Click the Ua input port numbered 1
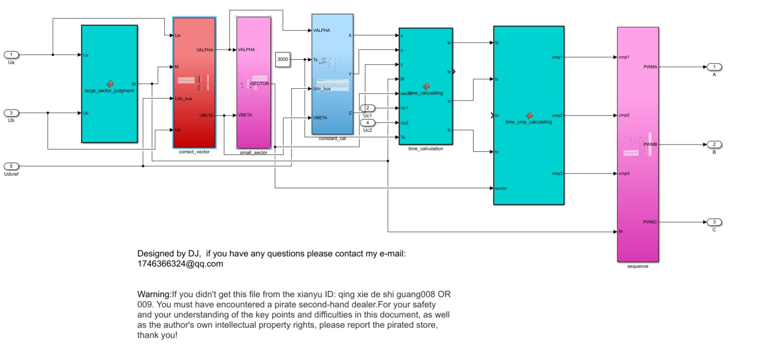coord(11,54)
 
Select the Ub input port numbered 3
coord(11,113)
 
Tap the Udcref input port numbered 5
coord(11,166)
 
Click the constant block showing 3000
coord(283,59)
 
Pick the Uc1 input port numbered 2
coord(367,108)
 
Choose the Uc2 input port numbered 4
coord(367,122)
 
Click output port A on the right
coord(714,67)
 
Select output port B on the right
coord(714,144)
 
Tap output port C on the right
coord(714,222)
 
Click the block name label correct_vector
coord(194,152)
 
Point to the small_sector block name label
coord(254,153)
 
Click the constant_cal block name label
coord(332,139)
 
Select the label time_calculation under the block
coord(425,148)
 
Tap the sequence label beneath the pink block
coord(638,266)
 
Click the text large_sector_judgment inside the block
coord(109,91)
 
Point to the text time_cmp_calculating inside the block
coord(528,122)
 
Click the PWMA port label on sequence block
coord(650,67)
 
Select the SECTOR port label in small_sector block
coord(260,84)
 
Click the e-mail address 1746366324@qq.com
coord(180,264)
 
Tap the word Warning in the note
coord(153,294)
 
